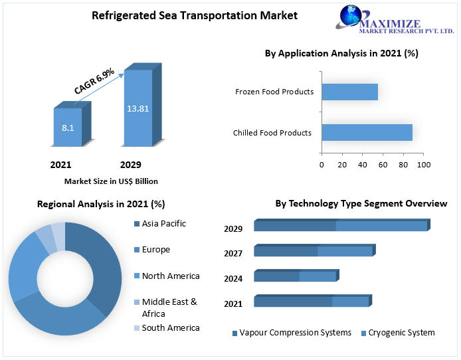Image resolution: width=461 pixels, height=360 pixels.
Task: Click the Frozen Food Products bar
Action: coord(349,92)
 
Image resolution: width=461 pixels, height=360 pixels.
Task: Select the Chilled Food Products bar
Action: coord(367,132)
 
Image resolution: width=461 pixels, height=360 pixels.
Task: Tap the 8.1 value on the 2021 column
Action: coord(68,127)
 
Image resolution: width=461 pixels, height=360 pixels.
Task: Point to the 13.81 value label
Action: coord(138,107)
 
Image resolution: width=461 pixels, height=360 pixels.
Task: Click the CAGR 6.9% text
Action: coord(94,80)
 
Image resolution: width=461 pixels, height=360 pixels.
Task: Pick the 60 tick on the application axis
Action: coord(383,165)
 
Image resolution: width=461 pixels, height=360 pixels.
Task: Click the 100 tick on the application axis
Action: coord(424,165)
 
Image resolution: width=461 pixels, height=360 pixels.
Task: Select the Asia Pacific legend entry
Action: coord(163,223)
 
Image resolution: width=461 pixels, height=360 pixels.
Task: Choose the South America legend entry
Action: coord(170,327)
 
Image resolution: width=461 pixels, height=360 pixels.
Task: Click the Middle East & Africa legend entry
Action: coord(169,308)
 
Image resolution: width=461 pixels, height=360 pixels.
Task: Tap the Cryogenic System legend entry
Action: coord(401,333)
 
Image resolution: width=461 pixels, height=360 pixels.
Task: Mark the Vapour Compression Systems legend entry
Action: coord(295,333)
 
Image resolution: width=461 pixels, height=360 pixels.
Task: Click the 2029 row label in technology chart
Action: coord(233,229)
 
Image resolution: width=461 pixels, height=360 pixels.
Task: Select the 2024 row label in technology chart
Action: coord(233,279)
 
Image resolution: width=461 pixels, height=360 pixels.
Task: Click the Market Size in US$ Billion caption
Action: coord(111,181)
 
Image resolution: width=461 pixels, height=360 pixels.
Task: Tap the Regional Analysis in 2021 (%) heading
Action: coord(101,204)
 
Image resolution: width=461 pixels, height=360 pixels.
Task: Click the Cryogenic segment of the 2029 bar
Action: coord(381,226)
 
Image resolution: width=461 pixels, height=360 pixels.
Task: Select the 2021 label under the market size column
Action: coord(60,165)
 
